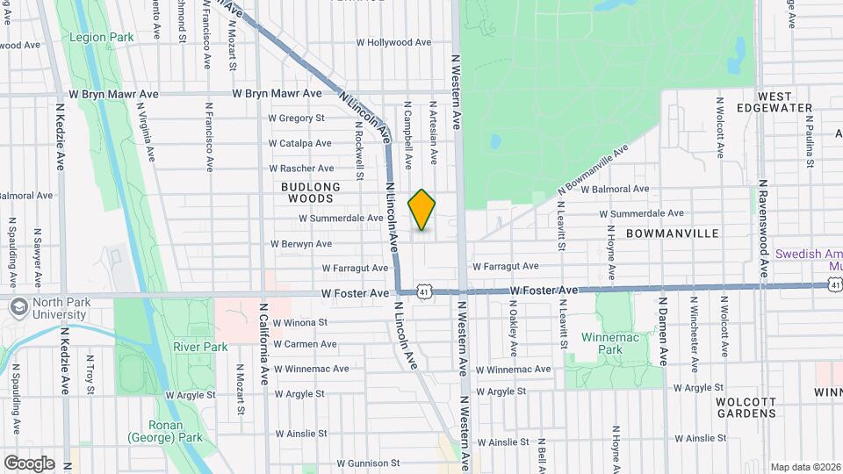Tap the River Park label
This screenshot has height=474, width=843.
point(200,347)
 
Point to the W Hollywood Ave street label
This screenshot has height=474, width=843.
point(393,42)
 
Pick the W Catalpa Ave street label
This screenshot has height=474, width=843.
point(299,143)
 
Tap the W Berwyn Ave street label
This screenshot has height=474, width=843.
point(301,243)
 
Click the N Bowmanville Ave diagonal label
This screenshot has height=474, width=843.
point(594,171)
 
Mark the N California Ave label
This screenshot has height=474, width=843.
point(263,344)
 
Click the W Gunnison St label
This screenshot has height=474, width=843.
point(368,463)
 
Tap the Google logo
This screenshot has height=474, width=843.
point(29,463)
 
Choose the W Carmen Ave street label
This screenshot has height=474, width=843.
point(305,344)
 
